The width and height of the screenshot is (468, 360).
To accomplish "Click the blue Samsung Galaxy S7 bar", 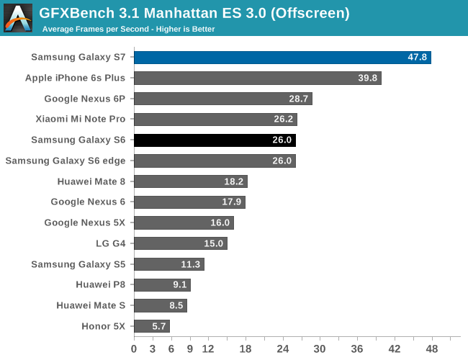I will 282,58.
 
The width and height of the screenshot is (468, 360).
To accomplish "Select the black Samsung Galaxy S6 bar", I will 215,140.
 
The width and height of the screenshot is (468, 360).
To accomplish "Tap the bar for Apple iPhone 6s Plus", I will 257,78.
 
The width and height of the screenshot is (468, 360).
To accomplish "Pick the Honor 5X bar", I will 151,326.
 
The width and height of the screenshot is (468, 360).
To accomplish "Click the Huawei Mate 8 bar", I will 190,181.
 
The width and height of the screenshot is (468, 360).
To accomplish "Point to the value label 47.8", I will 416,58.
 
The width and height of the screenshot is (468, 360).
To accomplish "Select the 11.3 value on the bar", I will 190,264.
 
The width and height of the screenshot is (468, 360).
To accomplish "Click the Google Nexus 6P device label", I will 84,99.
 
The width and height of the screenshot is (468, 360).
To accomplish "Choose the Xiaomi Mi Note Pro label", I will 81,120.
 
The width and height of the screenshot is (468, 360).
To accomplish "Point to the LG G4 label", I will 110,243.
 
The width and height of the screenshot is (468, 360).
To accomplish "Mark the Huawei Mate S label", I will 91,305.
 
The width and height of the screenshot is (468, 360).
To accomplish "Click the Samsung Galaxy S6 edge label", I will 65,161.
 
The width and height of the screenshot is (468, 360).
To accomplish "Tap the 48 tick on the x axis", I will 432,349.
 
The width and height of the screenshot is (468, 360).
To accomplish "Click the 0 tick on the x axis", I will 134,349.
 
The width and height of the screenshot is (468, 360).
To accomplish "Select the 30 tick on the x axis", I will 320,349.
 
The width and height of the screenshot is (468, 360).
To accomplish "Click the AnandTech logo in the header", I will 17,17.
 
